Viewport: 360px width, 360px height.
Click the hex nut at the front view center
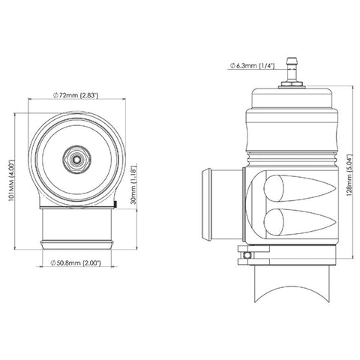(x=76, y=159)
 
